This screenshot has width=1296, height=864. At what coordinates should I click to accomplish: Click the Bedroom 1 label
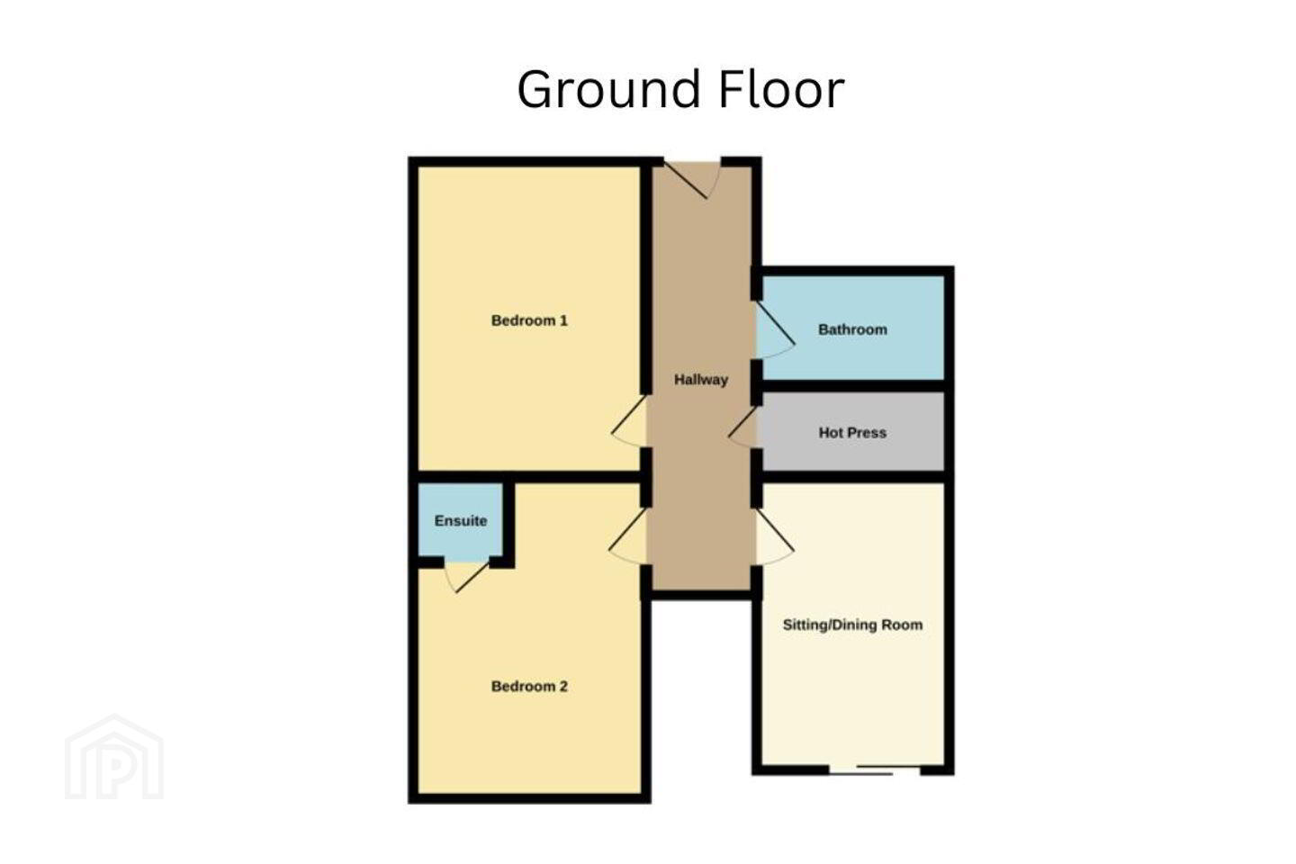tap(529, 320)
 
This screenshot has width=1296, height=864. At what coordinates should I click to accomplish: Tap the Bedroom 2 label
tap(529, 687)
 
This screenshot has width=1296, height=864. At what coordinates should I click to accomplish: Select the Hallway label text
tap(700, 380)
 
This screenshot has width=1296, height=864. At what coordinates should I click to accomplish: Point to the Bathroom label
tap(852, 329)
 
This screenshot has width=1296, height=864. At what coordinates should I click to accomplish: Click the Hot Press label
tap(852, 432)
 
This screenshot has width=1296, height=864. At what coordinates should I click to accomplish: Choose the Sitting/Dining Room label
tap(852, 625)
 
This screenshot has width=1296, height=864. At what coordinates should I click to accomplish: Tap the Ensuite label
tap(461, 521)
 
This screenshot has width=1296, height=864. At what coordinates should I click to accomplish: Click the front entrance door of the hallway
tap(692, 179)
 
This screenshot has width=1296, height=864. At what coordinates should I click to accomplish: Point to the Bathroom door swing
tap(775, 330)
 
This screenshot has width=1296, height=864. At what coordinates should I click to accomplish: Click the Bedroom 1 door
tap(629, 421)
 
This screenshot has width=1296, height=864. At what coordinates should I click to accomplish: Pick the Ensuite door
tap(466, 577)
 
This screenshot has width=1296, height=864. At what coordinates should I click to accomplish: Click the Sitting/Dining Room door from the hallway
tap(775, 536)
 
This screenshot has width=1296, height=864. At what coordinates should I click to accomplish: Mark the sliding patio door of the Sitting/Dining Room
tap(874, 769)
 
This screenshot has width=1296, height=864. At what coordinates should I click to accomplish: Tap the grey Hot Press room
tap(853, 432)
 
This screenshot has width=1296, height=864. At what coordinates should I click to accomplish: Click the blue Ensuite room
tap(461, 522)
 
